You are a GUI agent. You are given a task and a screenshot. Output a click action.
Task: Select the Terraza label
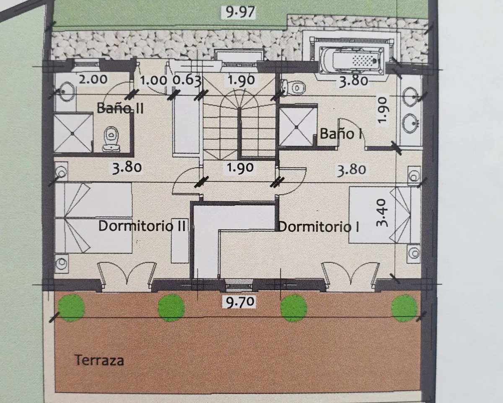tap(99, 360)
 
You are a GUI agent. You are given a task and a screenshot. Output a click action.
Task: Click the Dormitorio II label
tap(142, 226)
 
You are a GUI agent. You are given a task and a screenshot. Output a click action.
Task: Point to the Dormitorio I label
tap(319, 227)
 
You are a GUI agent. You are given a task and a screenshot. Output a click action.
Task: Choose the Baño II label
tap(120, 108)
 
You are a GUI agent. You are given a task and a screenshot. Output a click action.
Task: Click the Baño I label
tap(340, 133)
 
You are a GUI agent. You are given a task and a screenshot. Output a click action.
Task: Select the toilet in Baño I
tap(293, 88)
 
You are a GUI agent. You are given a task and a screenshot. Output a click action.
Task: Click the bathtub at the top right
tap(352, 60)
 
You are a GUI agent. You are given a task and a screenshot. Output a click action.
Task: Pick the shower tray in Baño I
tap(297, 127)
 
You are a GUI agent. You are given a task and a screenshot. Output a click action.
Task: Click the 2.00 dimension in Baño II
tap(93, 79)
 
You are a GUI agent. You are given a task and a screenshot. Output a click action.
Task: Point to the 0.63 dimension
tap(187, 80)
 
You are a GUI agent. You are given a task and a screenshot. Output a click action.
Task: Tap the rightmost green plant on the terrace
tap(404, 308)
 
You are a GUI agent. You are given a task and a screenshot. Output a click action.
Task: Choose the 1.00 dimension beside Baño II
tap(153, 80)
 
